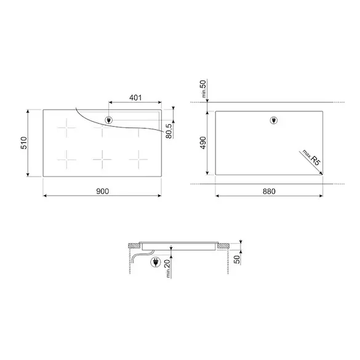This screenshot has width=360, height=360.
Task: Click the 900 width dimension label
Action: click(x=102, y=191)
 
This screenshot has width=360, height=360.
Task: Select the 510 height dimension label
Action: click(x=24, y=143)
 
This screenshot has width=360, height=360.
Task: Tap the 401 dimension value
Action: click(x=135, y=98)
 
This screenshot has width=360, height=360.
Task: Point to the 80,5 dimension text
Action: click(x=169, y=131)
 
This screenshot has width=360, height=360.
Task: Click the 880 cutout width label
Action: click(x=269, y=191)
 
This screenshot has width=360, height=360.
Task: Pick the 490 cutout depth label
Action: click(x=203, y=143)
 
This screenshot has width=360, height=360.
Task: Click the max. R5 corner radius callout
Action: click(x=311, y=158)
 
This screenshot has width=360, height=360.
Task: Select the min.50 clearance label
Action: click(x=204, y=89)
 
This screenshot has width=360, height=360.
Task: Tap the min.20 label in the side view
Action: click(x=168, y=268)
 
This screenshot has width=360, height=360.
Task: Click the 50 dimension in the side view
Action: click(x=237, y=260)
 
